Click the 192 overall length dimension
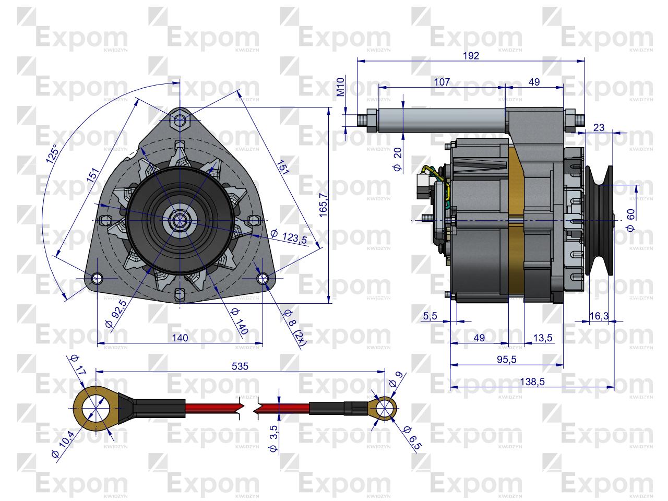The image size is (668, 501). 471,56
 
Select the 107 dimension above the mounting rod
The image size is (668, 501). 442,82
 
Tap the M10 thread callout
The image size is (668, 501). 341,87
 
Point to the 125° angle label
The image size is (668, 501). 52,153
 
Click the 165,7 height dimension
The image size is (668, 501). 323,205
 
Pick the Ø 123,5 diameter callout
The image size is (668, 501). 289,236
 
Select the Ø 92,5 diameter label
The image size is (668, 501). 116,314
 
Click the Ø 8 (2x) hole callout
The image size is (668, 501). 294,328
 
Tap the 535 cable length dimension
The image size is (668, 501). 240,366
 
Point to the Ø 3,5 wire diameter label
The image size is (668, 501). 273,438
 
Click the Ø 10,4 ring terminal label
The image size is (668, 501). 63,444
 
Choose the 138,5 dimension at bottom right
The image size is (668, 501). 532,381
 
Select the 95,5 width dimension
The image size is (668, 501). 507,360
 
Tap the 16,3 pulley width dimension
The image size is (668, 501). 599,316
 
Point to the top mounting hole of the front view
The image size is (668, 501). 180,120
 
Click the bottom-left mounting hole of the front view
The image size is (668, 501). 98,278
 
